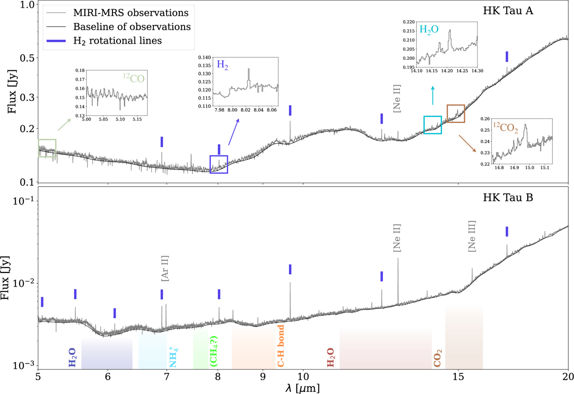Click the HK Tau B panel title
(508, 198)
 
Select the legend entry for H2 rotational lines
(117, 41)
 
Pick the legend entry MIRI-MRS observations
(117, 13)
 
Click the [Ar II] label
(165, 268)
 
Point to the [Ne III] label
(472, 236)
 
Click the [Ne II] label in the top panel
(397, 99)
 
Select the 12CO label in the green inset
(134, 78)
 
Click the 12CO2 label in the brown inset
(506, 127)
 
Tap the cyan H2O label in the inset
(429, 30)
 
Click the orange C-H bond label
(281, 346)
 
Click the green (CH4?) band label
(214, 351)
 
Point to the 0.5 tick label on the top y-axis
(27, 58)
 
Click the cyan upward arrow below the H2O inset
(433, 95)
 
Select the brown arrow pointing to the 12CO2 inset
(467, 144)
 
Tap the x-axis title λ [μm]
(303, 388)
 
